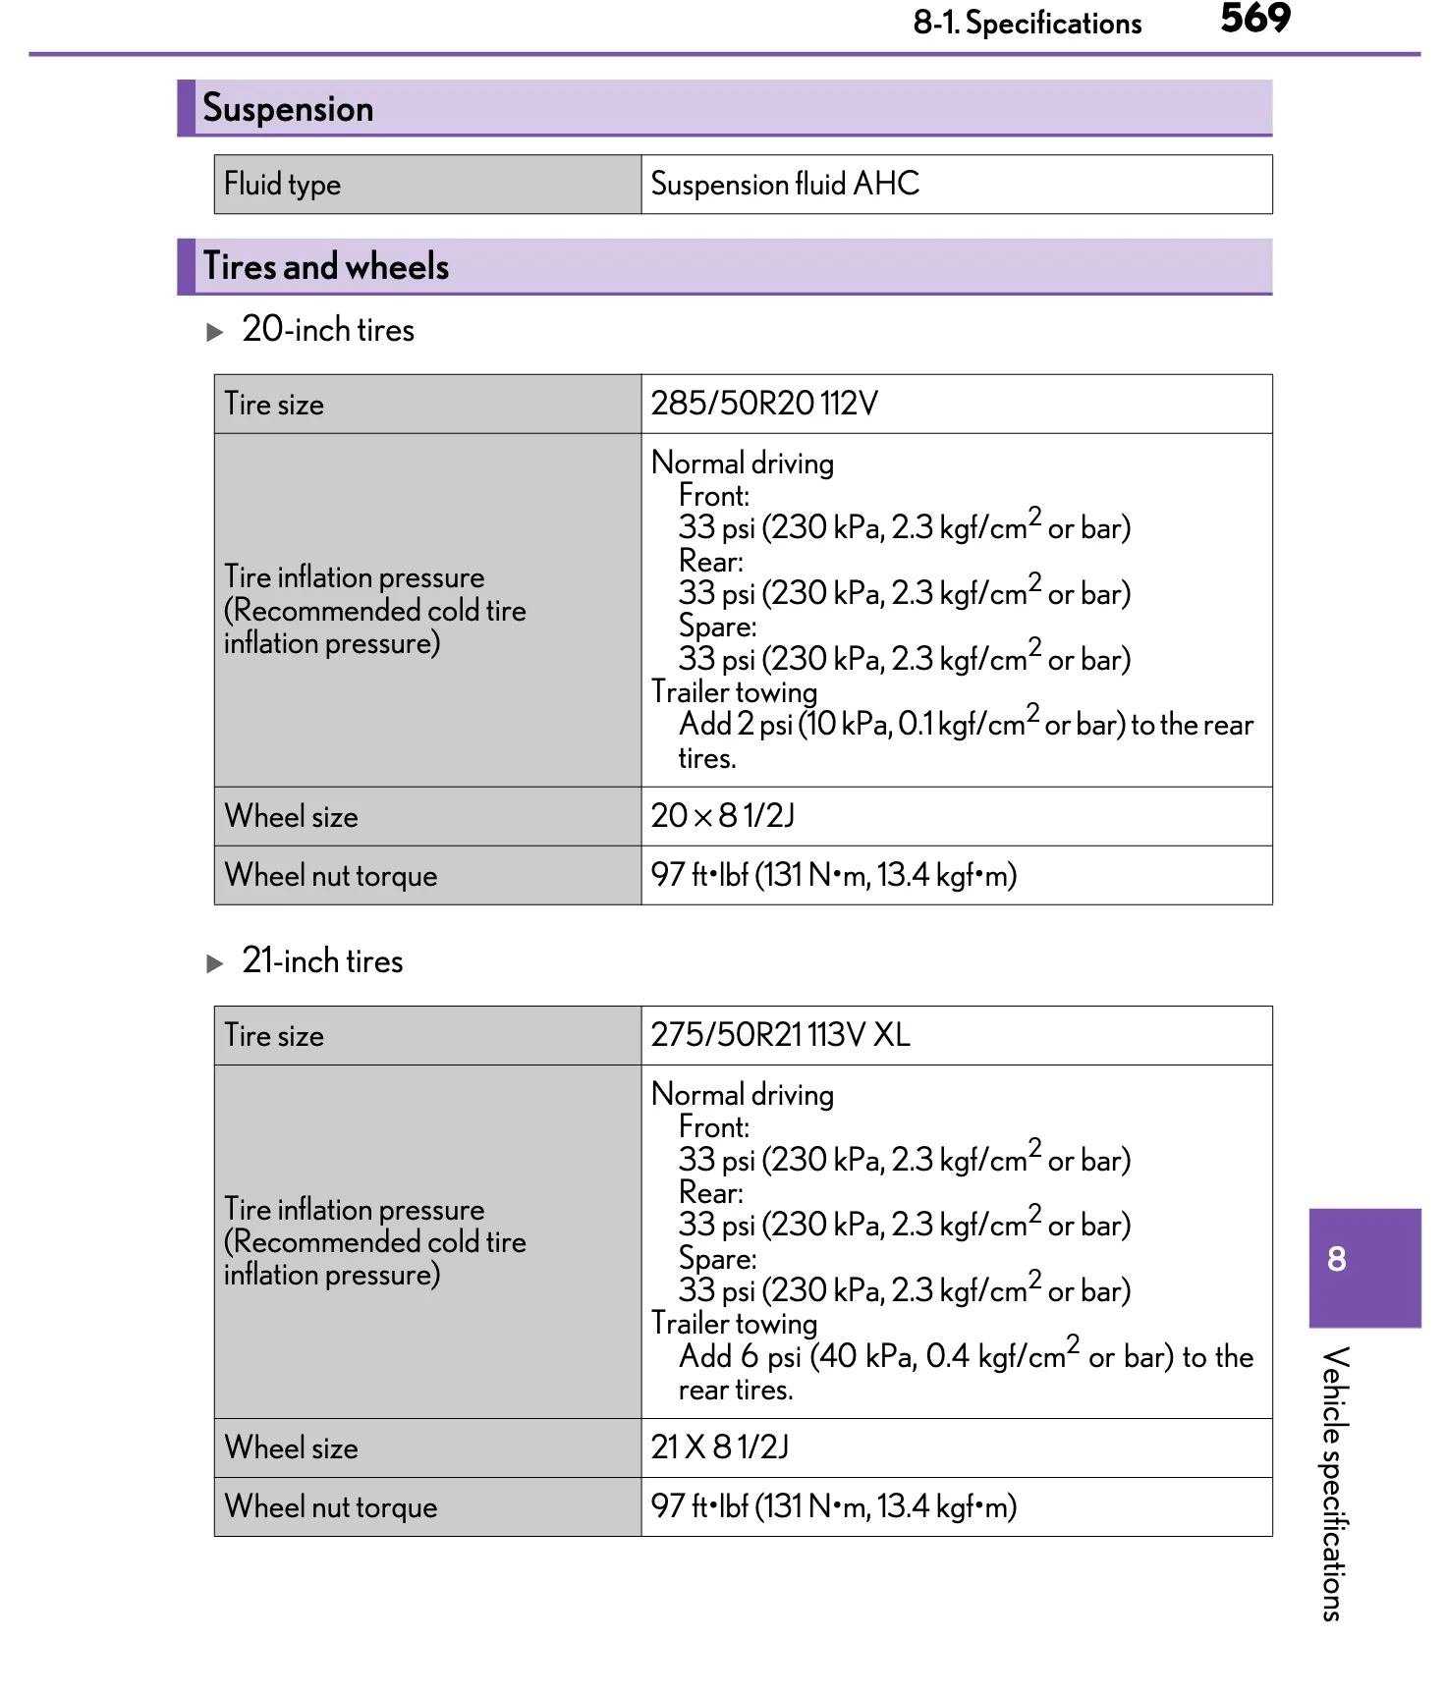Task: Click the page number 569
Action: (1254, 19)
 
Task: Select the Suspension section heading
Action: (288, 108)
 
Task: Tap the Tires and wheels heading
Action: (325, 266)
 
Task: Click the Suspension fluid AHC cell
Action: (785, 184)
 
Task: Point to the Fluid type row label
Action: (282, 184)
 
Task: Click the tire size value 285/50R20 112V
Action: (764, 404)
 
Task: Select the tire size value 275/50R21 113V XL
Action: (780, 1035)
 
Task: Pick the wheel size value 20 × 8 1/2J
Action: (722, 816)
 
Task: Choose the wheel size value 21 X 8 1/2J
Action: (719, 1447)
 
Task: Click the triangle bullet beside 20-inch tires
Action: (215, 332)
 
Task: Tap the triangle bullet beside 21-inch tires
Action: (215, 963)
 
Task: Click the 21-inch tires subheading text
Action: (322, 960)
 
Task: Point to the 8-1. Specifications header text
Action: (1027, 23)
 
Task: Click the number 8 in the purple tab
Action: (1336, 1259)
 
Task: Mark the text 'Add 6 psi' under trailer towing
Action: (739, 1357)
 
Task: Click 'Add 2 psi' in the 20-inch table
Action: (735, 725)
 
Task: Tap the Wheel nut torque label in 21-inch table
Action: (330, 1506)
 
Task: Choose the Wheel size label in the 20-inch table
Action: (291, 816)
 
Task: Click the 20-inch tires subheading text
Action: (328, 329)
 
